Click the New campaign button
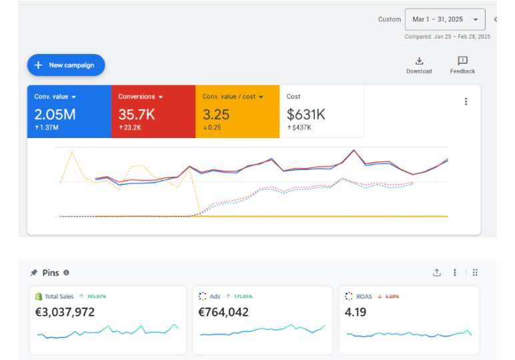point(65,65)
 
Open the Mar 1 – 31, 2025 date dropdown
point(445,19)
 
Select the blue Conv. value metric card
point(69,111)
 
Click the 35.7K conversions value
point(137,115)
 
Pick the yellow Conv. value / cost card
point(237,111)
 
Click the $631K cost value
point(306,115)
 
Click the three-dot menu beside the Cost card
point(466,102)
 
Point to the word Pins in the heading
point(51,273)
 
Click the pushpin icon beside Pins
point(34,273)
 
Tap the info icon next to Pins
point(66,273)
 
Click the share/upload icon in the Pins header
point(437,273)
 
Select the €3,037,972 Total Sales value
point(65,311)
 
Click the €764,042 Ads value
point(223,311)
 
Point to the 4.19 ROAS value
point(356,311)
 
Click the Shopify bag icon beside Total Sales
point(38,296)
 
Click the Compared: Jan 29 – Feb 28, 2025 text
point(447,37)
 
